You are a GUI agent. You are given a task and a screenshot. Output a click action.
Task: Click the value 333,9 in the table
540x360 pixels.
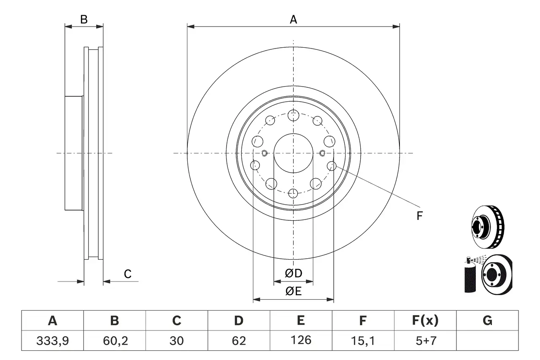point(52,340)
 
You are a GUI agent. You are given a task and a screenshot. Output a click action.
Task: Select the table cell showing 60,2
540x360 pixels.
point(114,340)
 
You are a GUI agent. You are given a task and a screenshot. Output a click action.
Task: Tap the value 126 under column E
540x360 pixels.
point(301,340)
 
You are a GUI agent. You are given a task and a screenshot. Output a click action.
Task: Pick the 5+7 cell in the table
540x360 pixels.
point(425,340)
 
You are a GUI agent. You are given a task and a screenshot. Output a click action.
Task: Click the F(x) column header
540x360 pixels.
point(425,321)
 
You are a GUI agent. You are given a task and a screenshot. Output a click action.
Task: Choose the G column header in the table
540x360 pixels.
point(487,321)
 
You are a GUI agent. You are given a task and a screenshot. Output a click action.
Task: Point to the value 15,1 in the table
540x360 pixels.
point(363,340)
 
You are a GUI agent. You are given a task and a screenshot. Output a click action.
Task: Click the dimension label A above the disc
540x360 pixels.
point(293,19)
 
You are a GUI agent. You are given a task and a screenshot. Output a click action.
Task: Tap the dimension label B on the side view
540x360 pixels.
point(84,19)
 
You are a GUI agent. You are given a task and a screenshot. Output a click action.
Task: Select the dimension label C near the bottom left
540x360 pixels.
point(127,274)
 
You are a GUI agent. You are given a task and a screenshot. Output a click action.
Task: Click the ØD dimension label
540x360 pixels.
point(294,273)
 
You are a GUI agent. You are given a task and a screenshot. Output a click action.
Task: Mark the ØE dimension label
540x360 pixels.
point(294,291)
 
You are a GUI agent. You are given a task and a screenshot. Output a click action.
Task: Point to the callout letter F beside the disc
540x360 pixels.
point(419,216)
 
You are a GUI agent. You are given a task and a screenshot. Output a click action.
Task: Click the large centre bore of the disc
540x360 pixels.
point(293,153)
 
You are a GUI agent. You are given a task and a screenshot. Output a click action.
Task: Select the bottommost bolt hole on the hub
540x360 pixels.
point(293,194)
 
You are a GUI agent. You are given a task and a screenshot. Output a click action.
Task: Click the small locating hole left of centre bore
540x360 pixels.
point(265,153)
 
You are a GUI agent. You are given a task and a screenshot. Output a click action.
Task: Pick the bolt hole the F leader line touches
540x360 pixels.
point(332,166)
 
